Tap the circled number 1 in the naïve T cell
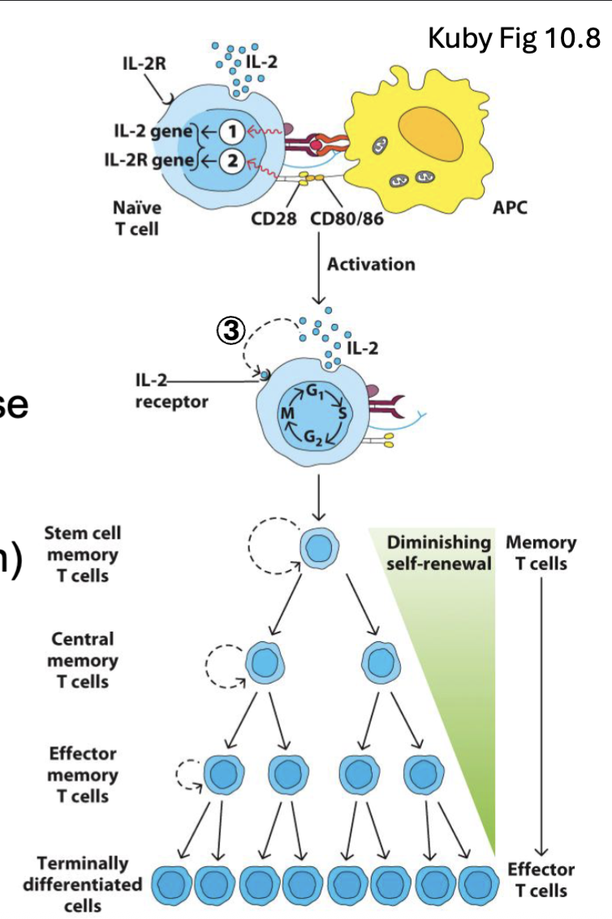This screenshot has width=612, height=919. [231, 130]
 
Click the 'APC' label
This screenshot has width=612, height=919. [509, 208]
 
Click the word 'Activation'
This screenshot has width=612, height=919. [370, 264]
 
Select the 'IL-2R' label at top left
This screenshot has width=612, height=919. [144, 64]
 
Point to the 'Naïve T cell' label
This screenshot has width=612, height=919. [136, 218]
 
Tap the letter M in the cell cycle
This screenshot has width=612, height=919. [286, 414]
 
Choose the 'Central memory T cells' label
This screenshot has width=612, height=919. [83, 659]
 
